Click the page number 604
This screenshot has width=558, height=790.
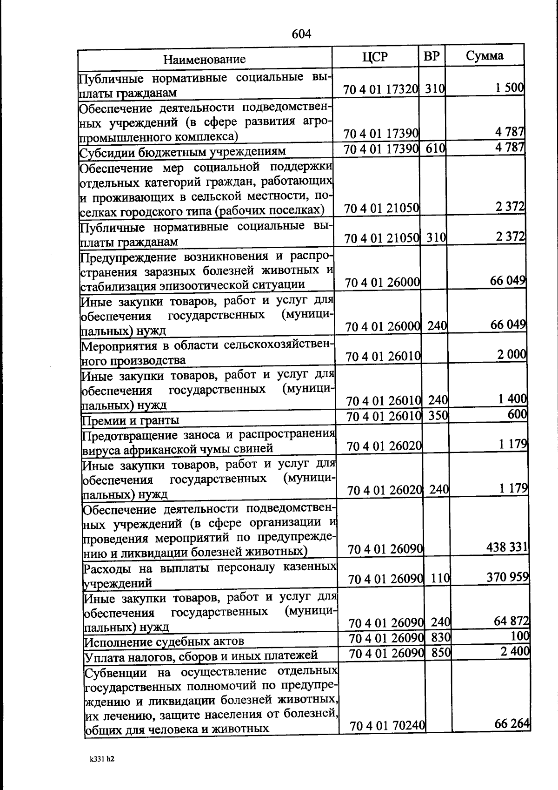[301, 34]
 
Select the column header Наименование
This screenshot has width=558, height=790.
[204, 59]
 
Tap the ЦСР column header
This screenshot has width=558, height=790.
[375, 57]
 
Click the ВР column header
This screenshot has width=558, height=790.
[432, 56]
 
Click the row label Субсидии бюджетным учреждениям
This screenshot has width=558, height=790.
[183, 152]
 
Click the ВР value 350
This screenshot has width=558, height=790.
[438, 415]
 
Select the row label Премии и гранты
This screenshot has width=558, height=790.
[131, 420]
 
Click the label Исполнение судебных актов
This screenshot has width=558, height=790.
[164, 641]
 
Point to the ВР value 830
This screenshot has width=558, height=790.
[441, 637]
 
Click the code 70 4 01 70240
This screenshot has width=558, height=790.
[387, 725]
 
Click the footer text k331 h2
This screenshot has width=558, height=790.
[102, 759]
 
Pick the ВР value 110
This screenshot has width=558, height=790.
[440, 578]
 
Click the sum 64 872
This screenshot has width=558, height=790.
[511, 621]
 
